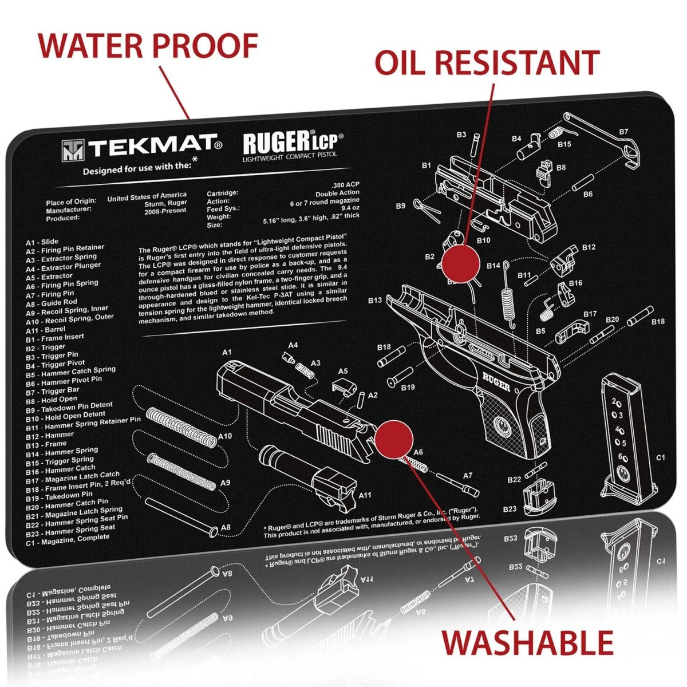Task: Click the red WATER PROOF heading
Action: point(148,46)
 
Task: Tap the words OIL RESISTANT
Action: point(487,62)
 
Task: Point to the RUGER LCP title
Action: point(293,143)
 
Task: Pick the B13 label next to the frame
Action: point(375,300)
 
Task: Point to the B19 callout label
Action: point(408,388)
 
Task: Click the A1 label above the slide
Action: point(227,352)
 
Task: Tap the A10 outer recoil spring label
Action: point(225,436)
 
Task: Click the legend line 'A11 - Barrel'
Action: point(45,329)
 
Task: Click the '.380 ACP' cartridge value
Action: point(346,186)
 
